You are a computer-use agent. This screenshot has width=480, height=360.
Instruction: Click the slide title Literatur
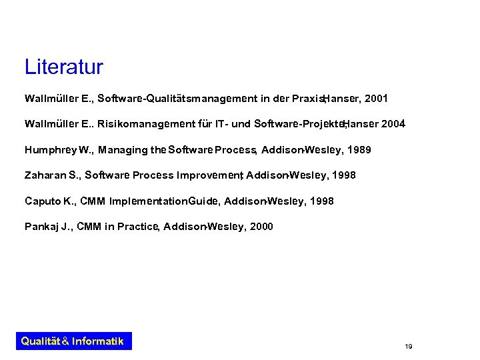pyautogui.click(x=63, y=67)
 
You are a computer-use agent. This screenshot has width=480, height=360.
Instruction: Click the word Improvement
pyautogui.click(x=209, y=175)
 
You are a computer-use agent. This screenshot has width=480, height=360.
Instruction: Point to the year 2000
pyautogui.click(x=259, y=227)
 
